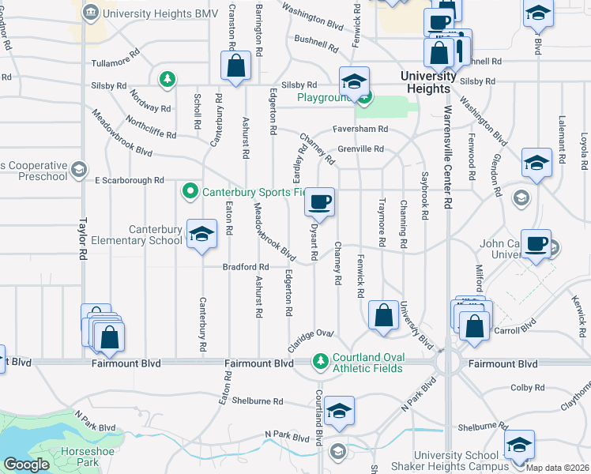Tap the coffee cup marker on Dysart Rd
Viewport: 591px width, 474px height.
pyautogui.click(x=319, y=202)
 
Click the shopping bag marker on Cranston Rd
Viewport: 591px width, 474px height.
pyautogui.click(x=235, y=66)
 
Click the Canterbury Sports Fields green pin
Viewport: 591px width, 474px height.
pyautogui.click(x=190, y=190)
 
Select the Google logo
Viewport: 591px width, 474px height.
pyautogui.click(x=26, y=465)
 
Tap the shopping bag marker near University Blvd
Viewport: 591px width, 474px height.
pyautogui.click(x=383, y=315)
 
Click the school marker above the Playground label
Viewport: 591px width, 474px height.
pyautogui.click(x=355, y=81)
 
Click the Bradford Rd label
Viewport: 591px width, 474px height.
pyautogui.click(x=246, y=267)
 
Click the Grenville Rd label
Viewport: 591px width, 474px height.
pyautogui.click(x=360, y=149)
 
